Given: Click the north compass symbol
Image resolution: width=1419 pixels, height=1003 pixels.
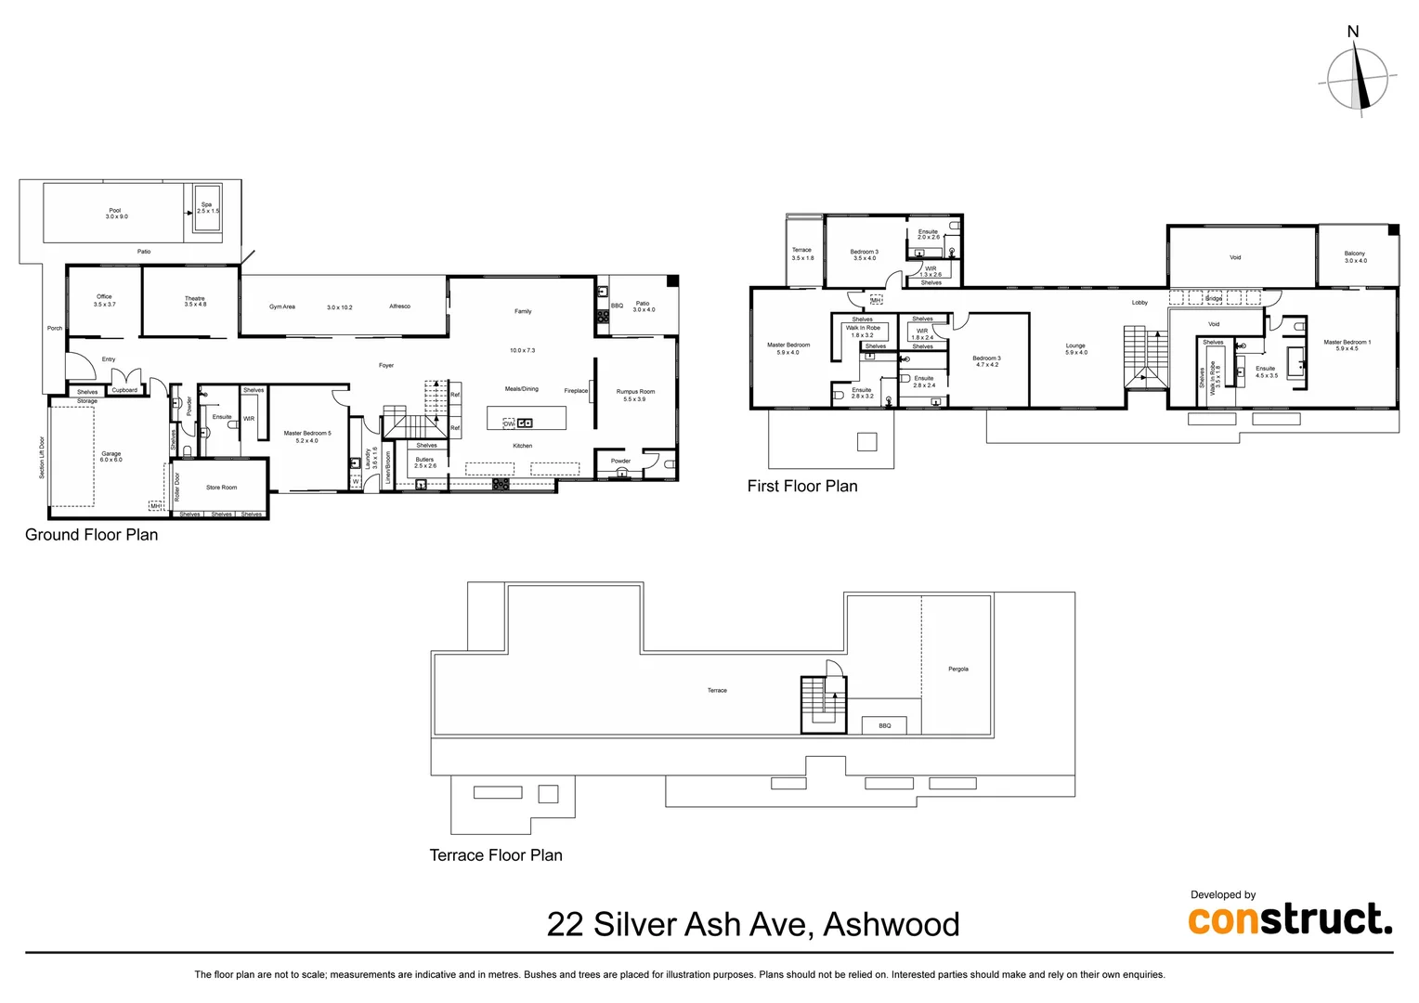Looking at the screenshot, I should pos(1357,78).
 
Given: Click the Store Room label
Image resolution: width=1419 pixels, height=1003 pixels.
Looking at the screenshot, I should pos(221,488).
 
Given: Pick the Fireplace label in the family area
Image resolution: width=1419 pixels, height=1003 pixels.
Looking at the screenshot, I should pos(576,391).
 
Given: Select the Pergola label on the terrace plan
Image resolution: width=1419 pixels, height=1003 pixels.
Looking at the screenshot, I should pos(958,669).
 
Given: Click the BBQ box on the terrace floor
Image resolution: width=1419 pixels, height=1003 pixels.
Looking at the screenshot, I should pos(885,725).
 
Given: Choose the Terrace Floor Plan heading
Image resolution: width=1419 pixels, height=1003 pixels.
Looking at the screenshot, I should pos(496,855).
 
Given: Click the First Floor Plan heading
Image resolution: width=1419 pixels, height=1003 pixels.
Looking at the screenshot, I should pos(802,486).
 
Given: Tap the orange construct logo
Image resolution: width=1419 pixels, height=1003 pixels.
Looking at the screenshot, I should pos(1290,919).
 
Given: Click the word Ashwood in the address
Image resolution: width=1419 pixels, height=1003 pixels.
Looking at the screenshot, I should pos(892,925).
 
